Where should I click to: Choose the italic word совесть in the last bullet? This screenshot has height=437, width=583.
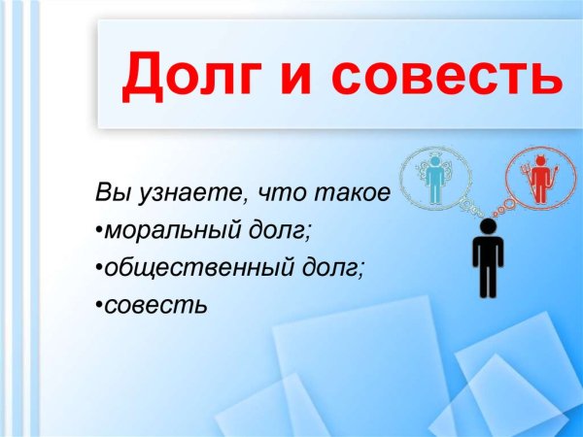pyautogui.click(x=155, y=306)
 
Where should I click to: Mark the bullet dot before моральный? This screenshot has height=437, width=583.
pyautogui.click(x=99, y=232)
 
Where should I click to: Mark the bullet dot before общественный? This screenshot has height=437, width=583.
pyautogui.click(x=99, y=270)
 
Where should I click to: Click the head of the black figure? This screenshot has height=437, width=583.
pyautogui.click(x=487, y=226)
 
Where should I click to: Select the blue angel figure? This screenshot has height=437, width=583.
pyautogui.click(x=435, y=176)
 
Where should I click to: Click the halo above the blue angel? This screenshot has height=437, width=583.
pyautogui.click(x=435, y=156)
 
